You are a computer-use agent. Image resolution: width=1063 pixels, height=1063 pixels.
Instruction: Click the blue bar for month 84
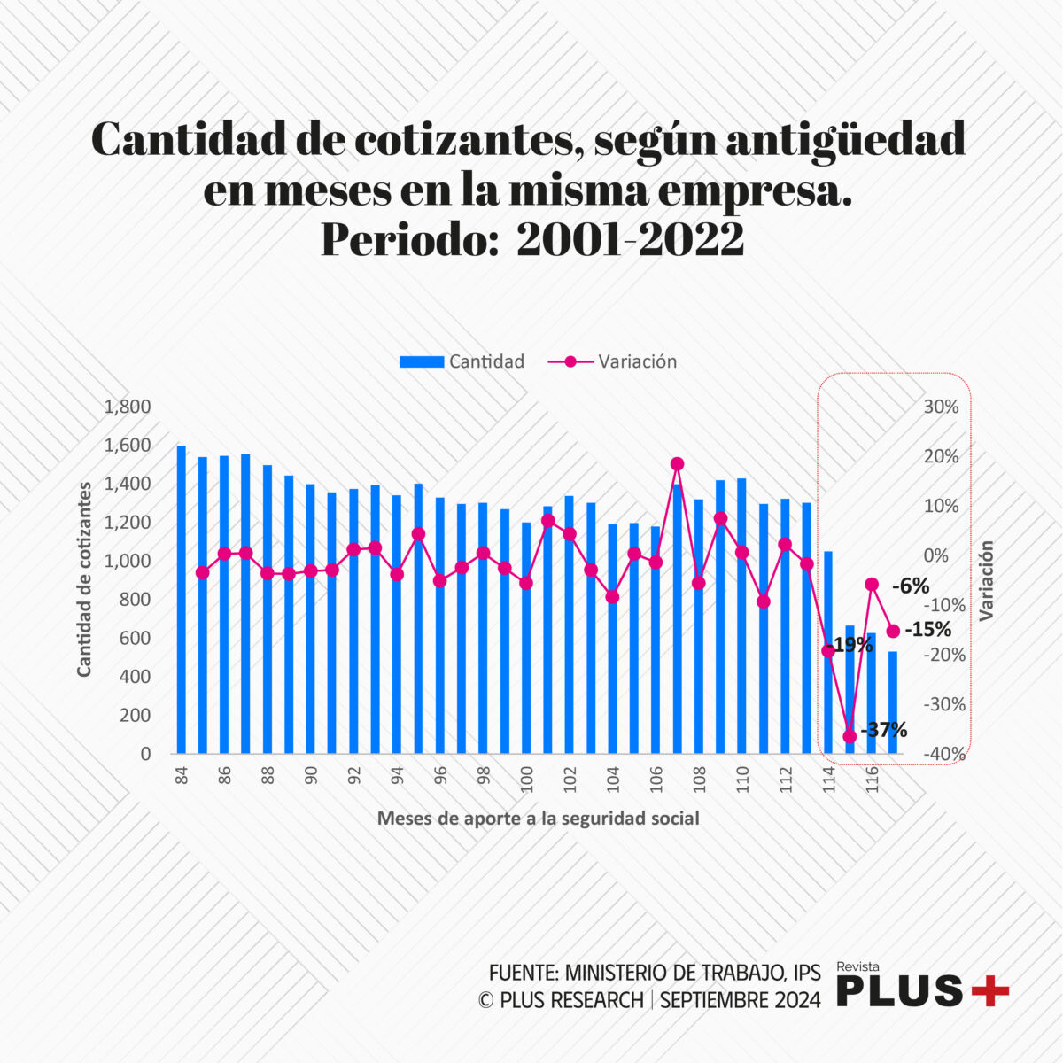click(x=182, y=602)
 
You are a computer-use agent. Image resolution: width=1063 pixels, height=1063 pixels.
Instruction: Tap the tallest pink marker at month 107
click(x=678, y=463)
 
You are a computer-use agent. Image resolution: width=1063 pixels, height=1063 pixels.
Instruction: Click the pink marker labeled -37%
click(x=850, y=736)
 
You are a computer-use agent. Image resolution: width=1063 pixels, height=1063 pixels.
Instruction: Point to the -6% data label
click(x=910, y=586)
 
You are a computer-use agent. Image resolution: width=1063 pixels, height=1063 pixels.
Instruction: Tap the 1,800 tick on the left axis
click(x=128, y=407)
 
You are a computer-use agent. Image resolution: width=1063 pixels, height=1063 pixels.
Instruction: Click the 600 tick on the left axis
click(x=136, y=638)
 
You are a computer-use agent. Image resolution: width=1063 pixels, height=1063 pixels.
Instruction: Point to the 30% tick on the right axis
click(x=941, y=407)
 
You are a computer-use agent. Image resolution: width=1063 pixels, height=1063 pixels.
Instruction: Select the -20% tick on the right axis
click(x=941, y=655)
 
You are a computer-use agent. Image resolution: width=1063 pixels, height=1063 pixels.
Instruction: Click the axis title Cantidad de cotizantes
click(x=84, y=580)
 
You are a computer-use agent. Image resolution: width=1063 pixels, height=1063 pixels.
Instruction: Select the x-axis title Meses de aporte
click(x=538, y=819)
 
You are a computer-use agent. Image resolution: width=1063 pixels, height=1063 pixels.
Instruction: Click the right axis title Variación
click(x=986, y=580)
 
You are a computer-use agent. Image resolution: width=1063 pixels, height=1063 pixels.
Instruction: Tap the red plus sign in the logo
click(x=989, y=991)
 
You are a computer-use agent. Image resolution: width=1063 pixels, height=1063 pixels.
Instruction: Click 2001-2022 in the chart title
click(x=630, y=239)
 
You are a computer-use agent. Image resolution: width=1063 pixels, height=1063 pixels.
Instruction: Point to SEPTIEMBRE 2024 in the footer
click(x=741, y=1000)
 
